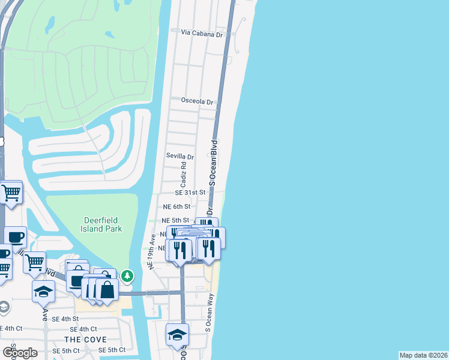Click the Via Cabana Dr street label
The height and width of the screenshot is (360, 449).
(203, 35)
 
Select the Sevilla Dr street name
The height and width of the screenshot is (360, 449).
(180, 157)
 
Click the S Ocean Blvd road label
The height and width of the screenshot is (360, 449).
(212, 162)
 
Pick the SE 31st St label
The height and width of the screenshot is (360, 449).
(190, 193)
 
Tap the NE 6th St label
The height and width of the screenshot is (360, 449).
(176, 206)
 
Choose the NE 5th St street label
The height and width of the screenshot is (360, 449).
(176, 220)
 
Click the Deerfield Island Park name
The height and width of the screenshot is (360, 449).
(102, 224)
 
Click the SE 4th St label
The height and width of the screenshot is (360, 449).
(65, 319)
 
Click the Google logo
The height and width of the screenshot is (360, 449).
(19, 352)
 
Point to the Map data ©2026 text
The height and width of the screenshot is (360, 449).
(423, 355)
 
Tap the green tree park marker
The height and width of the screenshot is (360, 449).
(127, 276)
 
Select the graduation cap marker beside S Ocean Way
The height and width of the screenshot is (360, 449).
(178, 334)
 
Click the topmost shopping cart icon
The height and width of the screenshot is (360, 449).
(11, 193)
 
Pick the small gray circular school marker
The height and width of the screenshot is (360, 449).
(4, 308)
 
